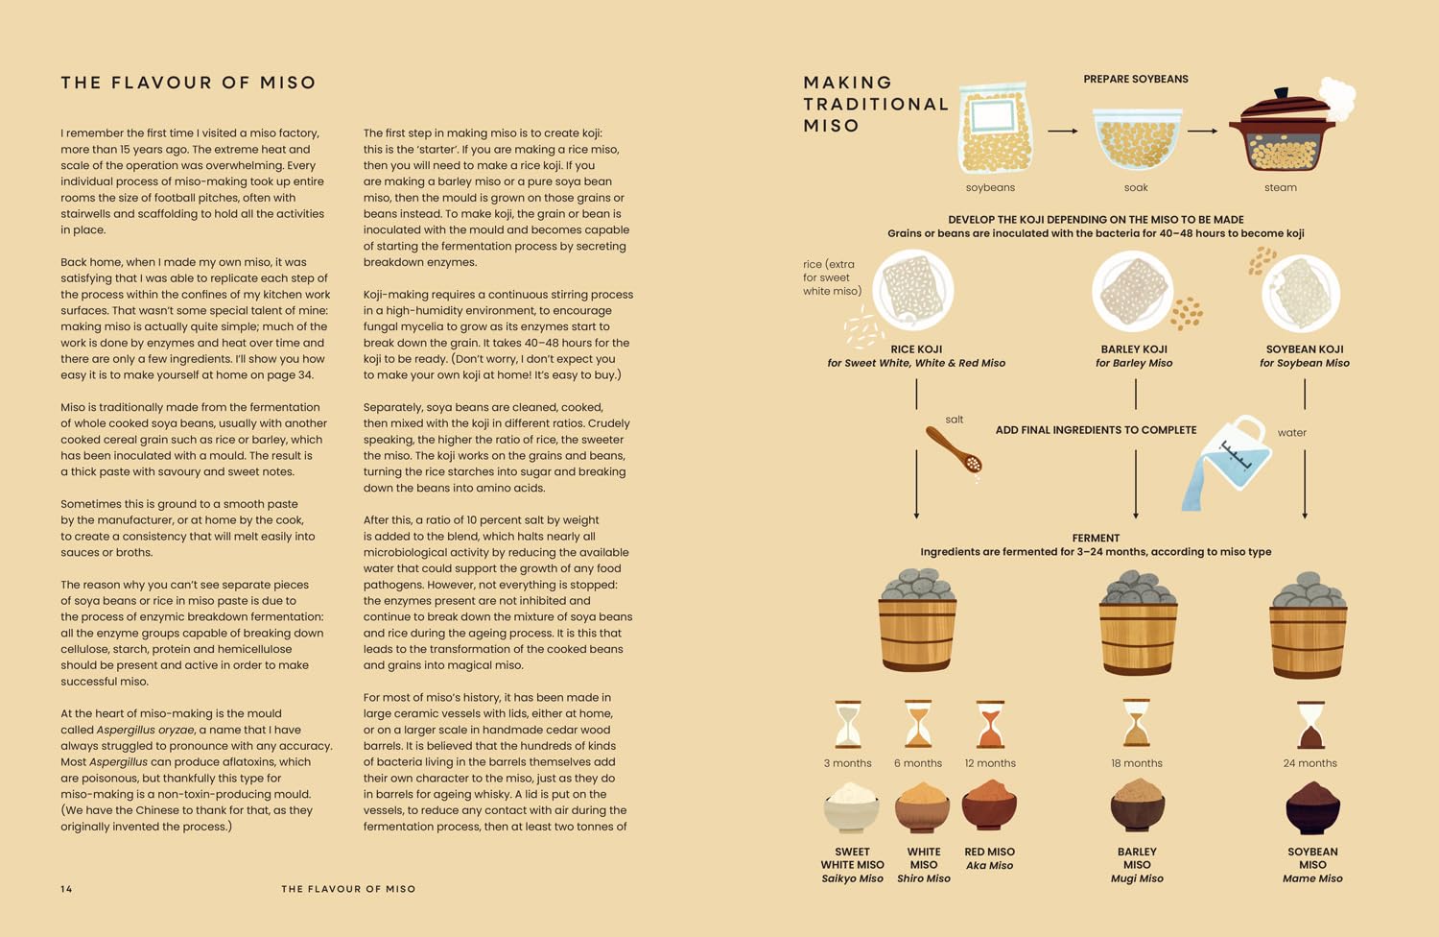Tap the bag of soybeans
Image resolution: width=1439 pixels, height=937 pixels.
point(995,129)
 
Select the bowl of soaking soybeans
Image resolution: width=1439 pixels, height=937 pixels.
point(1137,139)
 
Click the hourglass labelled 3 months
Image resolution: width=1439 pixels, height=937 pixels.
point(848,724)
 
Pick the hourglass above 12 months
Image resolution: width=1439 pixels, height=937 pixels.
point(989,724)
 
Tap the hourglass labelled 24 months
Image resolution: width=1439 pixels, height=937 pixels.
point(1310,724)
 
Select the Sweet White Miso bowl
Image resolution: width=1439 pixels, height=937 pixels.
point(851,807)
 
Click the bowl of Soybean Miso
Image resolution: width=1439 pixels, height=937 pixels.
point(1312,807)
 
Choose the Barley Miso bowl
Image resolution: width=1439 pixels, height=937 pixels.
point(1137,806)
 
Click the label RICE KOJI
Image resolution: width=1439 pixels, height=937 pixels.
point(916,349)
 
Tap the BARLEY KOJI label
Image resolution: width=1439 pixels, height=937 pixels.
point(1134,349)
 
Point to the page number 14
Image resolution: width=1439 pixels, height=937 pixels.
point(66,889)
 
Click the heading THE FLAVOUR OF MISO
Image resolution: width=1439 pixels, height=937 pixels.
point(188,83)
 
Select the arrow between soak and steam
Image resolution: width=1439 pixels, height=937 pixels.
point(1202,131)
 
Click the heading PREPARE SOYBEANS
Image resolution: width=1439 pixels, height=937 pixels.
point(1136,79)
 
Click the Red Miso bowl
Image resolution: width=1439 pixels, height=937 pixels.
point(989,805)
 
